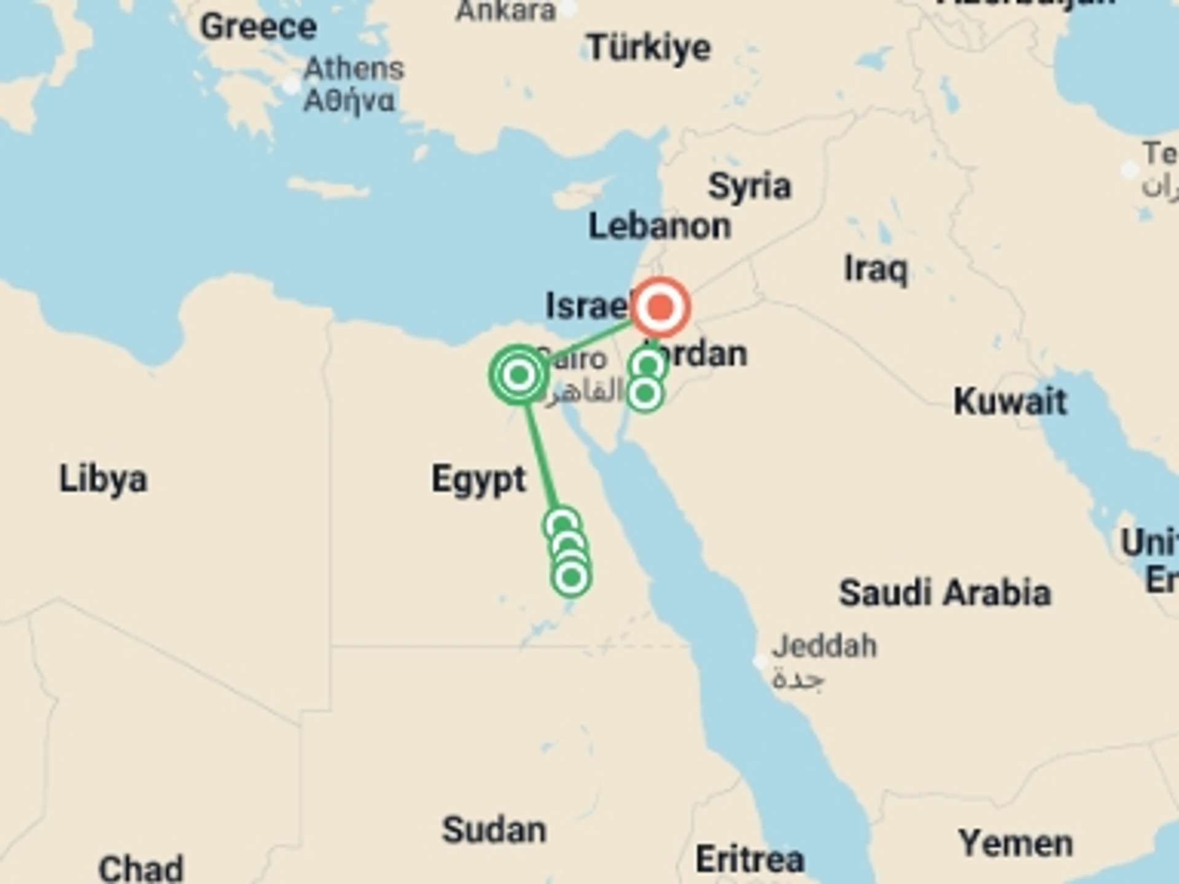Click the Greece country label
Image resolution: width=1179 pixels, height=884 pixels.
pyautogui.click(x=258, y=27)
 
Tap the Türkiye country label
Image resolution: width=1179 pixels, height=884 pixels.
pyautogui.click(x=648, y=48)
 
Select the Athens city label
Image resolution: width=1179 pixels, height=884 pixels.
pyautogui.click(x=354, y=69)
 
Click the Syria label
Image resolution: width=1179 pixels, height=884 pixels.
pyautogui.click(x=749, y=187)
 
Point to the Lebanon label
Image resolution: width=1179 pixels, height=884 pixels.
pyautogui.click(x=660, y=227)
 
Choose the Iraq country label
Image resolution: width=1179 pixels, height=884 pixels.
pyautogui.click(x=876, y=269)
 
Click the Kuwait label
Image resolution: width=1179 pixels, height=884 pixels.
pyautogui.click(x=1010, y=402)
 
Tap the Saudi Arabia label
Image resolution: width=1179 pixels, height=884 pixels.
pyautogui.click(x=944, y=593)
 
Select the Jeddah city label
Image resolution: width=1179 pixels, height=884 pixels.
pyautogui.click(x=824, y=646)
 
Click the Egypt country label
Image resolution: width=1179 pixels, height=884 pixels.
pyautogui.click(x=478, y=479)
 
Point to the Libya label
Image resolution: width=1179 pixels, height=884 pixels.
pyautogui.click(x=103, y=479)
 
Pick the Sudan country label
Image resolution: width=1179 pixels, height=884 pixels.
pyautogui.click(x=494, y=831)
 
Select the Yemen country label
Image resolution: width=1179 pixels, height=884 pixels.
pyautogui.click(x=1016, y=843)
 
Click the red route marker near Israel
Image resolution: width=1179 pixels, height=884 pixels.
pyautogui.click(x=661, y=307)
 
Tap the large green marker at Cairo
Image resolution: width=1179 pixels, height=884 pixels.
pyautogui.click(x=519, y=374)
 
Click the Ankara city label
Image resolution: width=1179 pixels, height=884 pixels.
pyautogui.click(x=505, y=11)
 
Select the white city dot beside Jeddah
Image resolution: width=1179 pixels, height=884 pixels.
pyautogui.click(x=760, y=662)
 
